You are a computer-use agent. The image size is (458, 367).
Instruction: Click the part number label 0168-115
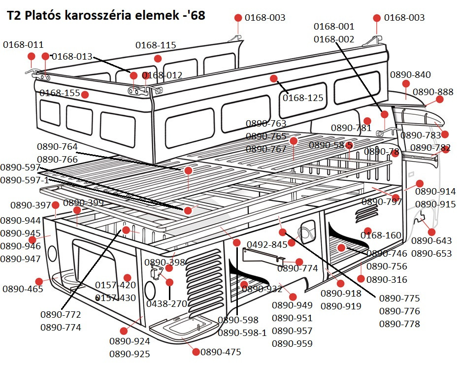156,45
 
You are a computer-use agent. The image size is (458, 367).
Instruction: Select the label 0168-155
60,93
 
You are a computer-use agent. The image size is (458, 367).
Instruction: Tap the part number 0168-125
303,98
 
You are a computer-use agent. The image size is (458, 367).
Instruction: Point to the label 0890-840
410,75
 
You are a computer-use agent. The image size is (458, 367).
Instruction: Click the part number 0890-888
433,92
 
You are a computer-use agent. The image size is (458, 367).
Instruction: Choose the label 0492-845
267,244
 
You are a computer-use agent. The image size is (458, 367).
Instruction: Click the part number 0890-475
221,352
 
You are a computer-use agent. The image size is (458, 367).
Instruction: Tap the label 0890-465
23,289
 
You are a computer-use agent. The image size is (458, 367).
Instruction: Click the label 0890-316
387,279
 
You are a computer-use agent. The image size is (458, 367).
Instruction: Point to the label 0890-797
382,201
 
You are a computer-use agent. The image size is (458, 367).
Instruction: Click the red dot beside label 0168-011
31,56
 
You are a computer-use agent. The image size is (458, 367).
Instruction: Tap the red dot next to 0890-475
196,352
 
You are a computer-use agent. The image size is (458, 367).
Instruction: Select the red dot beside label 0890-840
406,84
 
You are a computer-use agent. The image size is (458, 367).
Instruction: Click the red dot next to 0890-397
56,205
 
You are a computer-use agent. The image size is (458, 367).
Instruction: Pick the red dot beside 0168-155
85,94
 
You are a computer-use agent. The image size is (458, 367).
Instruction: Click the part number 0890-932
262,289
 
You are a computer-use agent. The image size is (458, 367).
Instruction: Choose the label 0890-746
387,254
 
